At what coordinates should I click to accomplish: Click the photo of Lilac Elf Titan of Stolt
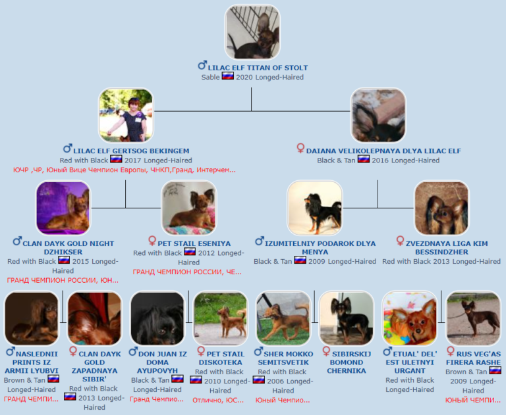pyautogui.click(x=252, y=32)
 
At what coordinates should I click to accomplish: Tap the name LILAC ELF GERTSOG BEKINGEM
pyautogui.click(x=131, y=151)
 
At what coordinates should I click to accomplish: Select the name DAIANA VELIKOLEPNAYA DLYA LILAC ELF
pyautogui.click(x=383, y=151)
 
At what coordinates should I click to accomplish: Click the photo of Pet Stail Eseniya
pyautogui.click(x=189, y=208)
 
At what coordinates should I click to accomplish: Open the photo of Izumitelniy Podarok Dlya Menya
pyautogui.click(x=315, y=208)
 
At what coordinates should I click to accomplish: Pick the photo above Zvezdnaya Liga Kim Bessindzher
pyautogui.click(x=441, y=208)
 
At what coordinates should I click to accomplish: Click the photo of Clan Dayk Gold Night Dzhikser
pyautogui.click(x=63, y=208)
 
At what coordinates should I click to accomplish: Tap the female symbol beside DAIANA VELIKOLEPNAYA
pyautogui.click(x=300, y=149)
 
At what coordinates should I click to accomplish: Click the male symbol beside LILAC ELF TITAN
pyautogui.click(x=202, y=65)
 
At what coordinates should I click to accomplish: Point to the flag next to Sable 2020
pyautogui.click(x=228, y=76)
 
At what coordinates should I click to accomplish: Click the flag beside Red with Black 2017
pyautogui.click(x=116, y=159)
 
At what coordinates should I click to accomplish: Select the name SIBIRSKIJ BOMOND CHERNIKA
pyautogui.click(x=347, y=362)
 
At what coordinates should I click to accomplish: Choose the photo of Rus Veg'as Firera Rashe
pyautogui.click(x=473, y=318)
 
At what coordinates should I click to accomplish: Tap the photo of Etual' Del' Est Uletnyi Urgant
pyautogui.click(x=410, y=318)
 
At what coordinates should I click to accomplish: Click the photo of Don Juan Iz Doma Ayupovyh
pyautogui.click(x=157, y=318)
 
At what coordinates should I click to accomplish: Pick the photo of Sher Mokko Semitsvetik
pyautogui.click(x=283, y=318)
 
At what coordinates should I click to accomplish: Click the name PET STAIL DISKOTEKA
pyautogui.click(x=221, y=358)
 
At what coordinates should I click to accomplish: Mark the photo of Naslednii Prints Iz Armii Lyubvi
pyautogui.click(x=32, y=318)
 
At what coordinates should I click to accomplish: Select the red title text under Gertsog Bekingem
pyautogui.click(x=125, y=170)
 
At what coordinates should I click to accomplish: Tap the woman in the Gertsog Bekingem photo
pyautogui.click(x=132, y=120)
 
